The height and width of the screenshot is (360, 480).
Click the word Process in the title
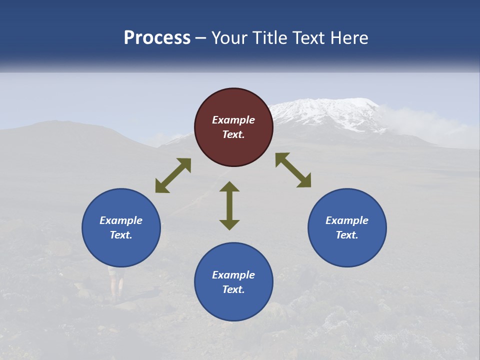[x=157, y=38]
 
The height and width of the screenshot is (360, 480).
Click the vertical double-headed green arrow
[x=229, y=205]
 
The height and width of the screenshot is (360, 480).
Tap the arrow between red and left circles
[x=173, y=175]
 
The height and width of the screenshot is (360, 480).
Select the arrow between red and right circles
[x=293, y=170]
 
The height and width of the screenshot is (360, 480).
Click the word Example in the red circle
[x=233, y=120]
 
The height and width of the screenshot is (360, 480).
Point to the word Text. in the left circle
[x=121, y=235]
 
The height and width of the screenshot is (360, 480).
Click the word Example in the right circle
[x=347, y=220]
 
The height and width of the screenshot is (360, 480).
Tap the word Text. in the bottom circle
[x=233, y=289]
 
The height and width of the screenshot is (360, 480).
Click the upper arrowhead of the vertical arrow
[x=229, y=187]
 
